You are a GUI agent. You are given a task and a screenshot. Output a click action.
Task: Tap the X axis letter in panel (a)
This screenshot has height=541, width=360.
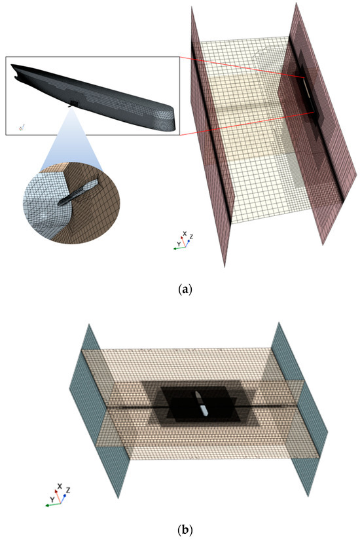pos(185,233)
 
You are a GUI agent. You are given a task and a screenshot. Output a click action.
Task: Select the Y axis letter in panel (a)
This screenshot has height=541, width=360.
pos(177,244)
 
